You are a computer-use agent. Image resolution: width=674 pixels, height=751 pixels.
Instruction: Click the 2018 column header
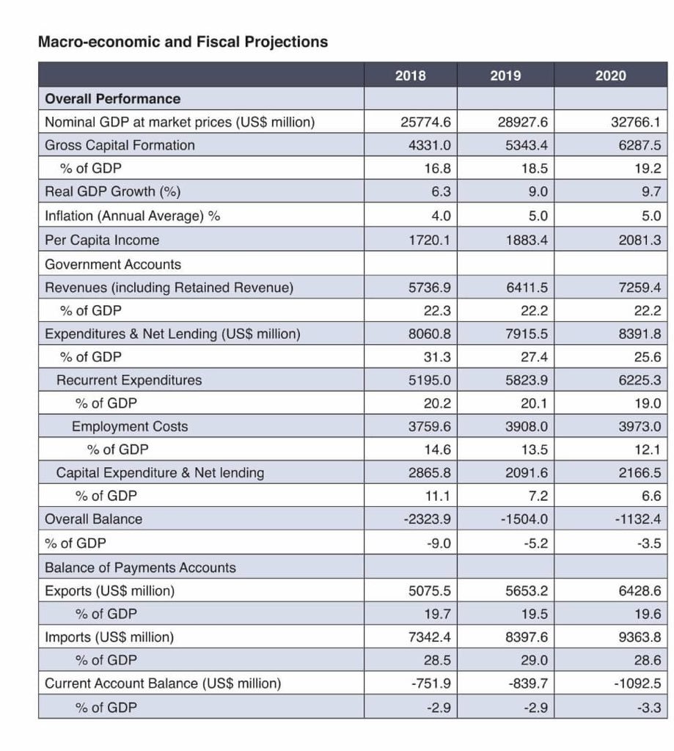pos(410,76)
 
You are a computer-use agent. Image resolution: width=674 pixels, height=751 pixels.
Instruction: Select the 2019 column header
pos(505,76)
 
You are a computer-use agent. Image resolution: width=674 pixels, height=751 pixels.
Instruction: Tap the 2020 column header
pos(610,76)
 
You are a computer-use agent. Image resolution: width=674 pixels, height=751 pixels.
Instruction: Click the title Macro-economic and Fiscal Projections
pos(183,42)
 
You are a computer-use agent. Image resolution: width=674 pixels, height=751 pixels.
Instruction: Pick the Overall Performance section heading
pos(112,99)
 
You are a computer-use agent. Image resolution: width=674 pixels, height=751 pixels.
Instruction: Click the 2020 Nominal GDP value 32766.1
pos(636,122)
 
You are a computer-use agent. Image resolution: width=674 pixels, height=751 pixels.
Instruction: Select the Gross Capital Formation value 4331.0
pos(429,145)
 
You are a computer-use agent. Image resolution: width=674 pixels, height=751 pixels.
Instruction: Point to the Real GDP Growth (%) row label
pos(112,191)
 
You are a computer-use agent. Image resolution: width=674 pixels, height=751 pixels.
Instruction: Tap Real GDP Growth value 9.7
pos(651,191)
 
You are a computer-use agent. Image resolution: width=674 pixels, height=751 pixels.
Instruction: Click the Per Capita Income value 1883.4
pos(527,240)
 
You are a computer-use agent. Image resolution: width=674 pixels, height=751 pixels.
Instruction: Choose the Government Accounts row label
pos(113,264)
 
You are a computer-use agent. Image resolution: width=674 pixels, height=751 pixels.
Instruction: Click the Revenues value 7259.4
pos(640,287)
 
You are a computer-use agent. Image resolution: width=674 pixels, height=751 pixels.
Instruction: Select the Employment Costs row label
pos(130,426)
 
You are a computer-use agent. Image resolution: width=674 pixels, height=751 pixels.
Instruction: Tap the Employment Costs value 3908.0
pos(527,426)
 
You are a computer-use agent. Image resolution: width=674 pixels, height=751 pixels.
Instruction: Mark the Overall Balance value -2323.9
pos(427,519)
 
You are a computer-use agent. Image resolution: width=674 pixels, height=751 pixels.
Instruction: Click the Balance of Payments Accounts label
pos(140,568)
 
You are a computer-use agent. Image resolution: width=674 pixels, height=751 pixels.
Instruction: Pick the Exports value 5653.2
pos(527,590)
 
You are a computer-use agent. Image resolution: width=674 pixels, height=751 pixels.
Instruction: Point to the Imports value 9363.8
pos(640,637)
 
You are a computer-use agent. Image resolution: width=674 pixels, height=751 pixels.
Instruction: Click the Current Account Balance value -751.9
pos(431,684)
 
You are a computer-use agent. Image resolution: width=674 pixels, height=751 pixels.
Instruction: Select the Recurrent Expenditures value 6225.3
pos(640,380)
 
